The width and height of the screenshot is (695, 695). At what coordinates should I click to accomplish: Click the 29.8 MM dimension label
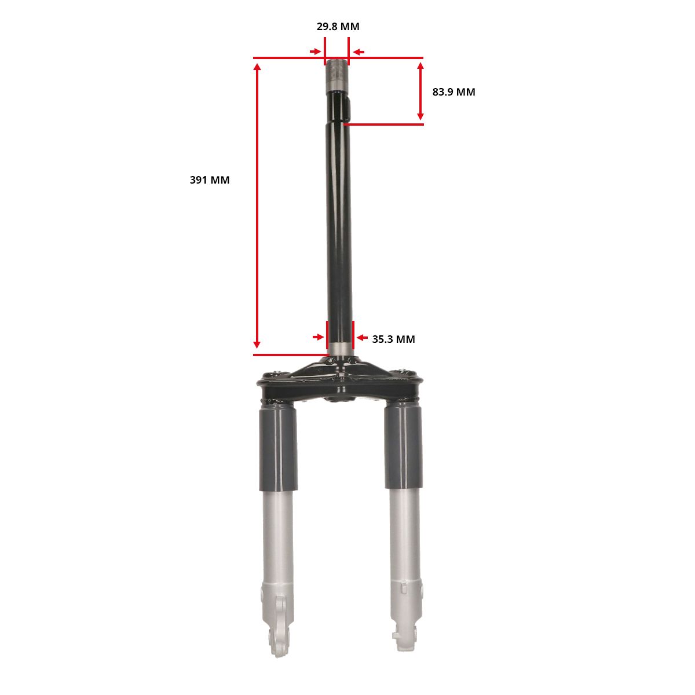[x=338, y=27]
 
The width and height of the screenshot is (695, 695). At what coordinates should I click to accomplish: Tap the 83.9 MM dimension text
[x=453, y=92]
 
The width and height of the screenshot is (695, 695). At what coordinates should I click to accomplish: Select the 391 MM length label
[x=210, y=180]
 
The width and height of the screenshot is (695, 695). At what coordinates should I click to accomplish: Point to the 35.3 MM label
[x=393, y=339]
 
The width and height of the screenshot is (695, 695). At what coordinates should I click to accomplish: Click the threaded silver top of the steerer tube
[x=337, y=75]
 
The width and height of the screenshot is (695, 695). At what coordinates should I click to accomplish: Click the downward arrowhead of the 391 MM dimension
[x=257, y=344]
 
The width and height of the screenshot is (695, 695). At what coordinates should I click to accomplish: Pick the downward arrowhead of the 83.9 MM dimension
[x=420, y=115]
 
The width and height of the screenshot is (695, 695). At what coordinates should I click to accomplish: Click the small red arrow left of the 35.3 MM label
[x=362, y=338]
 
